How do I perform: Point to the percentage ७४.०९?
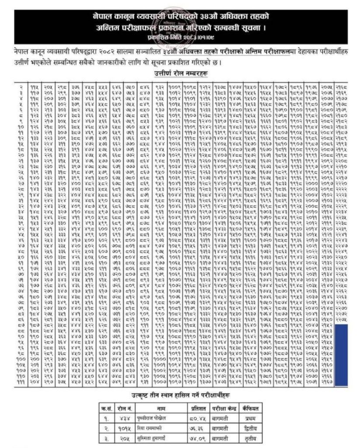(198, 438)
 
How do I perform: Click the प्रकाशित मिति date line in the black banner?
(179, 36)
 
